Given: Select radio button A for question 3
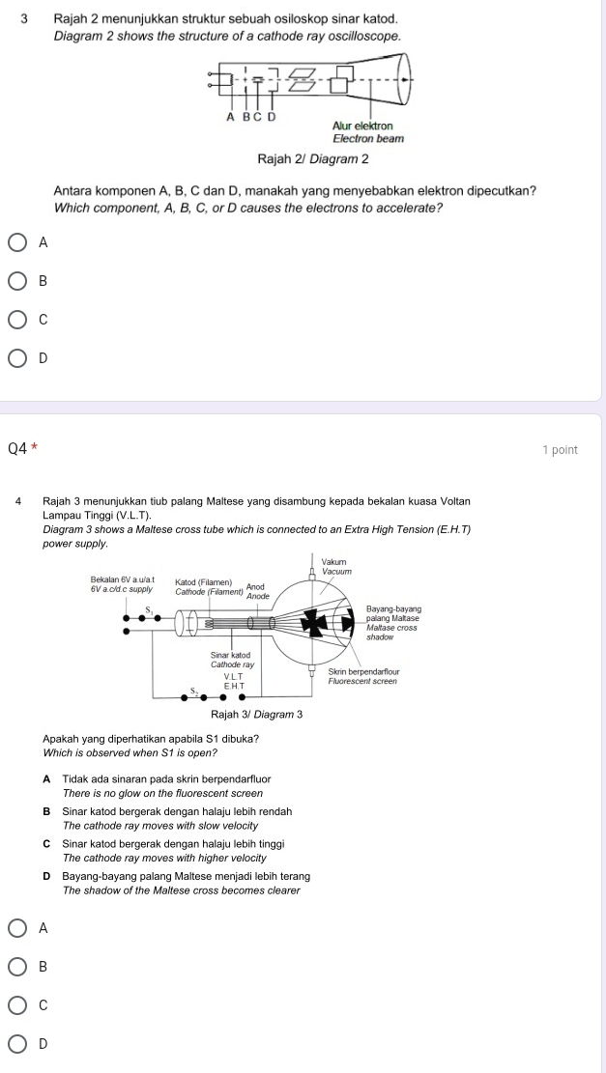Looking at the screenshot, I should coord(18,243).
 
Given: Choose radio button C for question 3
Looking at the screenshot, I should coord(18,320).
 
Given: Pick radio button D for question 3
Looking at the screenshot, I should coord(18,358).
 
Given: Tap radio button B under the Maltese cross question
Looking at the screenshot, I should coord(18,966).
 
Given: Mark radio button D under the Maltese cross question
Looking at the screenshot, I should coord(18,1043).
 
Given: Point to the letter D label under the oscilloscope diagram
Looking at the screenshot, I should coord(272,117).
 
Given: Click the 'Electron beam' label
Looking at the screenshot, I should coord(367,138).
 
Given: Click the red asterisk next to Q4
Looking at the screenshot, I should coord(34,449).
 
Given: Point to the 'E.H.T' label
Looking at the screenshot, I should coord(234,685).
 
